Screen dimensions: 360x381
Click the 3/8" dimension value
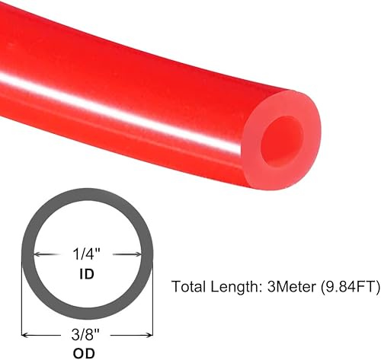point(86,333)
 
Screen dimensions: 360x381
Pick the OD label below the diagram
point(86,351)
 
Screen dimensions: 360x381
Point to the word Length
point(232,287)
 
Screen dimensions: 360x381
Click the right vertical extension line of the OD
point(152,304)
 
